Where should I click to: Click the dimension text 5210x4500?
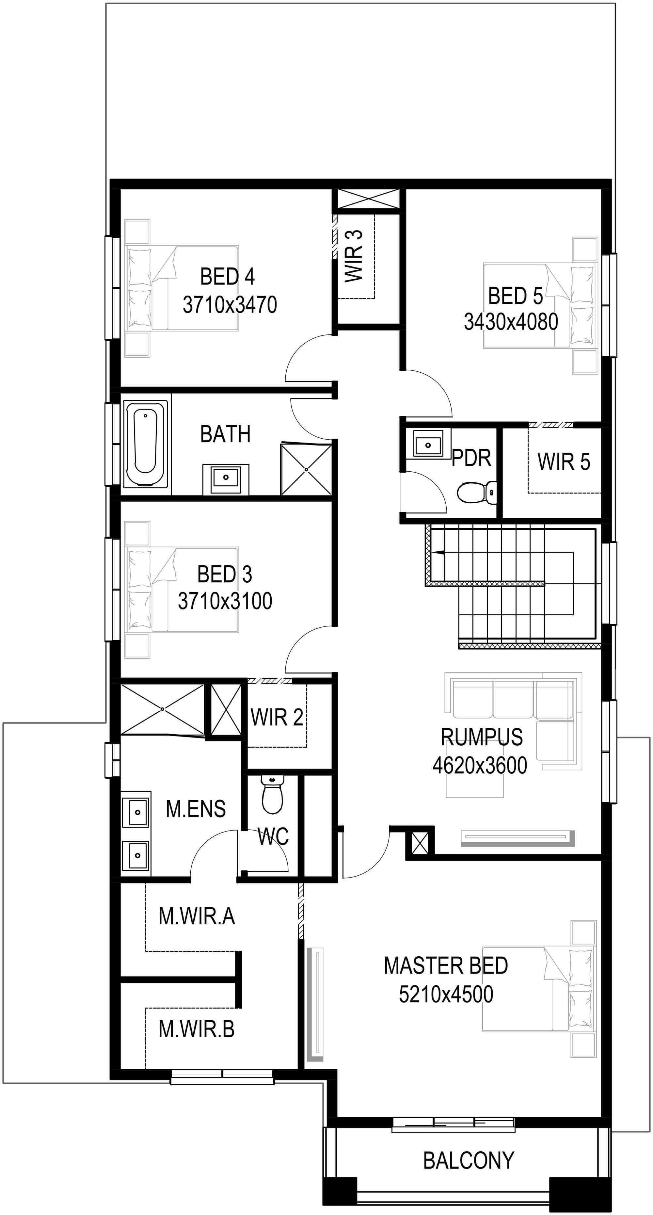pos(446,994)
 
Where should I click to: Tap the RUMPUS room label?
pos(481,737)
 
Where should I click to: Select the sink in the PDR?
pos(428,444)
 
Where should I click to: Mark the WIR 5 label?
pos(564,462)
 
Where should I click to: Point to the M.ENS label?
pos(196,809)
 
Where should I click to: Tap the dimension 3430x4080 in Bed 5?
pos(511,322)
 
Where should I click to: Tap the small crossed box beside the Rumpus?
pos(420,843)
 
